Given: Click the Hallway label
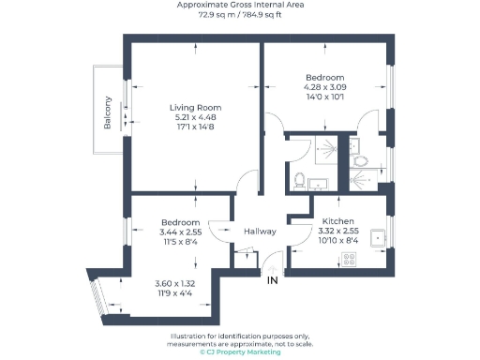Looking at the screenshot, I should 259,232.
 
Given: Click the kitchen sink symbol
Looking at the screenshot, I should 380,237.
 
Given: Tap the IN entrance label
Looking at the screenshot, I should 273,280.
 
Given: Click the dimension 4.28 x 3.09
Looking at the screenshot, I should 325,87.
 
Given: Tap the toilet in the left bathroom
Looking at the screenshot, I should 299,179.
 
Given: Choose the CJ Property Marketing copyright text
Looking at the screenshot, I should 239,352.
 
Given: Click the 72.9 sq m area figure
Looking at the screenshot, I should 217,15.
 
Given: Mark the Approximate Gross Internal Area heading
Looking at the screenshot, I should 239,6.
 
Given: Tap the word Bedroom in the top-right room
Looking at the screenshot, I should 325,77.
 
